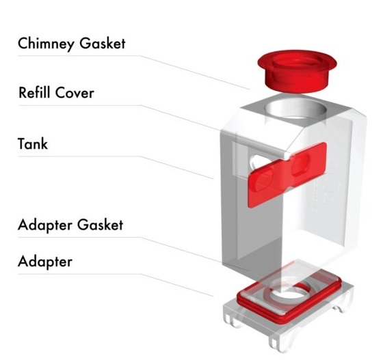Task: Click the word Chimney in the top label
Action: coord(46,44)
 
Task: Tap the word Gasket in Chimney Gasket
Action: coord(103,43)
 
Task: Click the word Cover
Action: coord(75,93)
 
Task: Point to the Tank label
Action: coord(33,143)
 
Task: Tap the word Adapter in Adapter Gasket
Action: coord(44,225)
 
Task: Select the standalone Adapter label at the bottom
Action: coord(45,262)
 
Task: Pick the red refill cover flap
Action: coord(287,175)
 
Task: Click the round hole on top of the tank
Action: coord(295,109)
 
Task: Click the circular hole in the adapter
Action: coord(289,294)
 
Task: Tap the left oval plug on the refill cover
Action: coord(264,180)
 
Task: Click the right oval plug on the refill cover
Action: coord(300,163)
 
